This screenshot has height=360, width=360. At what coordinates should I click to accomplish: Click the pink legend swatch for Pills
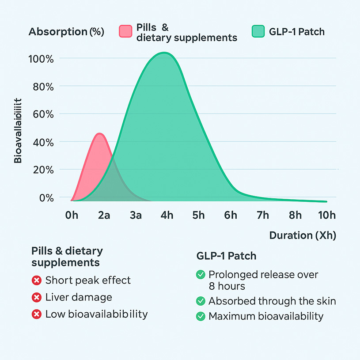126,32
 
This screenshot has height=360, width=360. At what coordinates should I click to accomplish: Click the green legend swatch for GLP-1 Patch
258,32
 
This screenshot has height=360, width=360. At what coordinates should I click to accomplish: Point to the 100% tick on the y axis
43,58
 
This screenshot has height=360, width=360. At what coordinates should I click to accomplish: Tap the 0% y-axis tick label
45,197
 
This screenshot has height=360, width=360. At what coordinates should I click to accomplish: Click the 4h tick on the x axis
167,215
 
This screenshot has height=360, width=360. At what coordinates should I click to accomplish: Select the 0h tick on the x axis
72,215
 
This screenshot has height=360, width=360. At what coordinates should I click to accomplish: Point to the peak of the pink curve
100,133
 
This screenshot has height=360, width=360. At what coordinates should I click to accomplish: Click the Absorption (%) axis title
66,32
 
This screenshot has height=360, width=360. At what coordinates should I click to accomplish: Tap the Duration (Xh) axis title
303,235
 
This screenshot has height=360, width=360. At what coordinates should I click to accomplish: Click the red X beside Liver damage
37,297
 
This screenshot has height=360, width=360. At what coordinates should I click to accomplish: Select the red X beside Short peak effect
37,280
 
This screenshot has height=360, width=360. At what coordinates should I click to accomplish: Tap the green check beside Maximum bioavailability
201,316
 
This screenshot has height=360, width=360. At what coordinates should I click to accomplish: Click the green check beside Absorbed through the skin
201,301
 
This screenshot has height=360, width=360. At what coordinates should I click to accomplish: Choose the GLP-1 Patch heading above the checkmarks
226,256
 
